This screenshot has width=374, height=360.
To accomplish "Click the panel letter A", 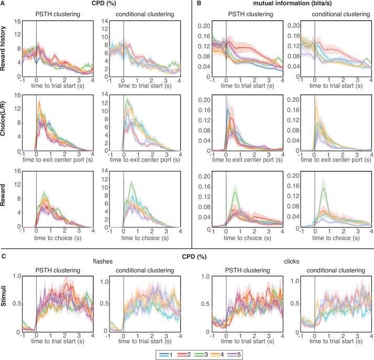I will click(x=4, y=4).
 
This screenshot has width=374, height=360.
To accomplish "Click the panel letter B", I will click(x=197, y=4).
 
